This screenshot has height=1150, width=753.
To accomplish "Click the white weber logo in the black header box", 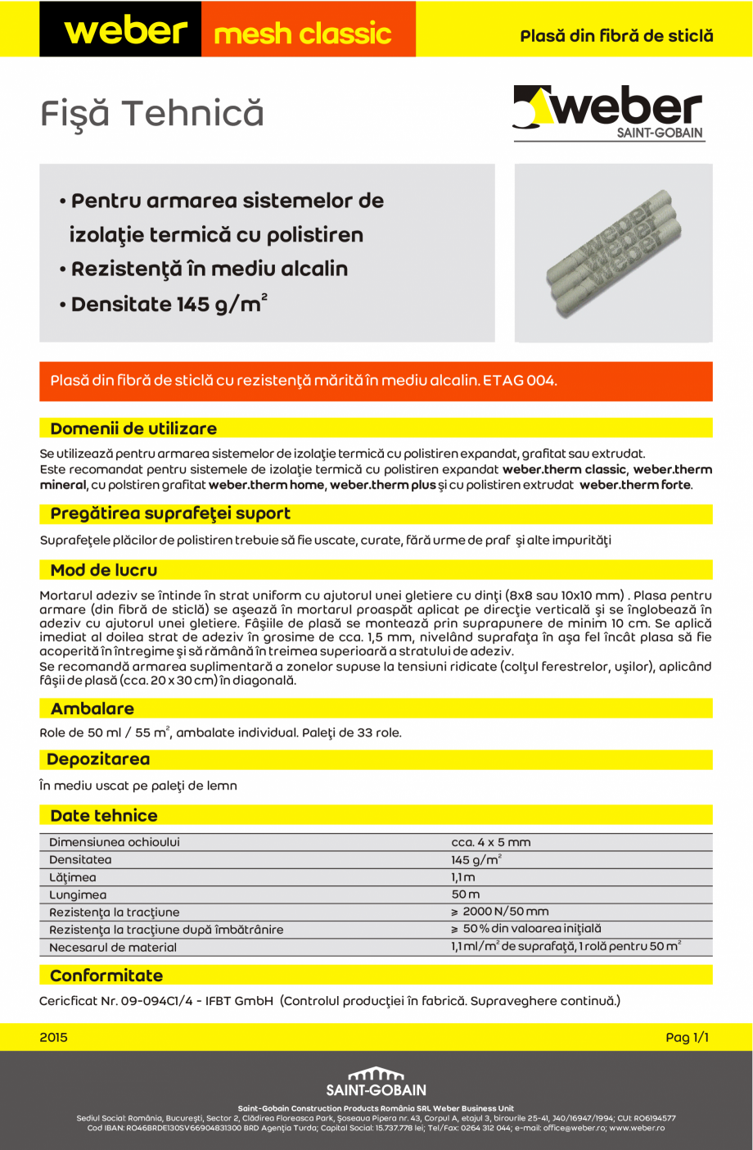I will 125,31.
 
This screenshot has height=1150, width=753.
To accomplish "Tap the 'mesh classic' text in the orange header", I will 303,34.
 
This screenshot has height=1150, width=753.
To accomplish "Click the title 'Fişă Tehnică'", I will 152,114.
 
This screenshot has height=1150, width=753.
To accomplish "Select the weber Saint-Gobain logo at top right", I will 609,113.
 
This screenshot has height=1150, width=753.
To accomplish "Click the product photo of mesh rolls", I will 613,253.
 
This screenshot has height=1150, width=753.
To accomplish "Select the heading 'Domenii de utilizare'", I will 133,428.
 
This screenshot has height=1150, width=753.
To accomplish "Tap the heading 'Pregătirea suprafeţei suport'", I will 170,514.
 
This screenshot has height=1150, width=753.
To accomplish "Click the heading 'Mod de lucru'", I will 104,570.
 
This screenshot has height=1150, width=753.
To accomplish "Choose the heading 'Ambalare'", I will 92,709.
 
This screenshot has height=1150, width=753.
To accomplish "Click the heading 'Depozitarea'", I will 98,759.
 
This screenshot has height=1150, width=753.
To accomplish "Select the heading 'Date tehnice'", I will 104,816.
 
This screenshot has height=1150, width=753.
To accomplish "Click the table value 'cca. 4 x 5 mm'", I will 491,842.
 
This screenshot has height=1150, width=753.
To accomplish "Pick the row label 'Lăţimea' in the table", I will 73,877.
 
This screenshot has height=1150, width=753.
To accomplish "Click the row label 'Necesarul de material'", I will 113,948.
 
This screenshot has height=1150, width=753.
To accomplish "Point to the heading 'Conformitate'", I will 106,976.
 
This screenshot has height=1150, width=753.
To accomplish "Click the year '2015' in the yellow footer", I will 54,1038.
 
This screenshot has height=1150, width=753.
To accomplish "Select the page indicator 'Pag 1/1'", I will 687,1038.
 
